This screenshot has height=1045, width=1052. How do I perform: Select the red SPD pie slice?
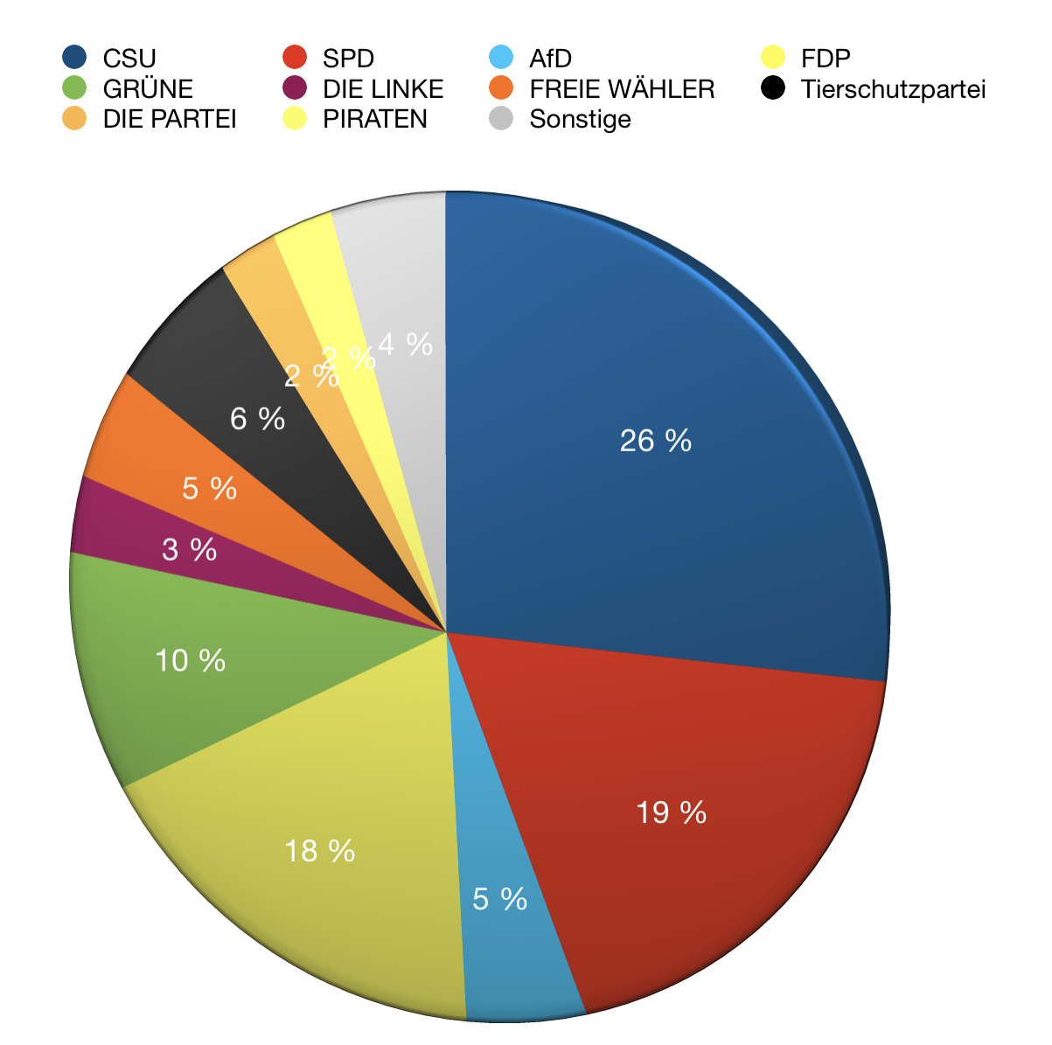(x=700, y=874)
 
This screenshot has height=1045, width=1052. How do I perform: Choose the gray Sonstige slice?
(x=402, y=262)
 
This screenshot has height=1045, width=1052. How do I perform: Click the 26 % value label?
(x=655, y=441)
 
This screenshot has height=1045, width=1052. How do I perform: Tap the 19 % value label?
(x=671, y=813)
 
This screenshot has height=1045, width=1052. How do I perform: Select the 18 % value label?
(x=319, y=851)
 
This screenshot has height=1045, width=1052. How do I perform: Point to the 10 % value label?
(x=190, y=660)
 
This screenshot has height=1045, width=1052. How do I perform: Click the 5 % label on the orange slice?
(x=209, y=489)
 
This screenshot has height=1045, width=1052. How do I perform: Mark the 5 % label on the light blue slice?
(x=499, y=899)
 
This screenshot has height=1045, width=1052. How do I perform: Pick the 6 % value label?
(x=257, y=420)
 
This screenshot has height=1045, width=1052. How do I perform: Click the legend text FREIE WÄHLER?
(x=622, y=89)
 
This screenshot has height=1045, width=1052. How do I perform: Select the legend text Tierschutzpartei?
(x=893, y=89)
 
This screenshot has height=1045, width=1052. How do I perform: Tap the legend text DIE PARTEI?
(x=170, y=119)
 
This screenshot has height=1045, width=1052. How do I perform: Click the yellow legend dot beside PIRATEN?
(x=294, y=118)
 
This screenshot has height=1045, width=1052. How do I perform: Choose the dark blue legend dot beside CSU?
(x=74, y=58)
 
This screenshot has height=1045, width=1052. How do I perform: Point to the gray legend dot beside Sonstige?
(x=501, y=118)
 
